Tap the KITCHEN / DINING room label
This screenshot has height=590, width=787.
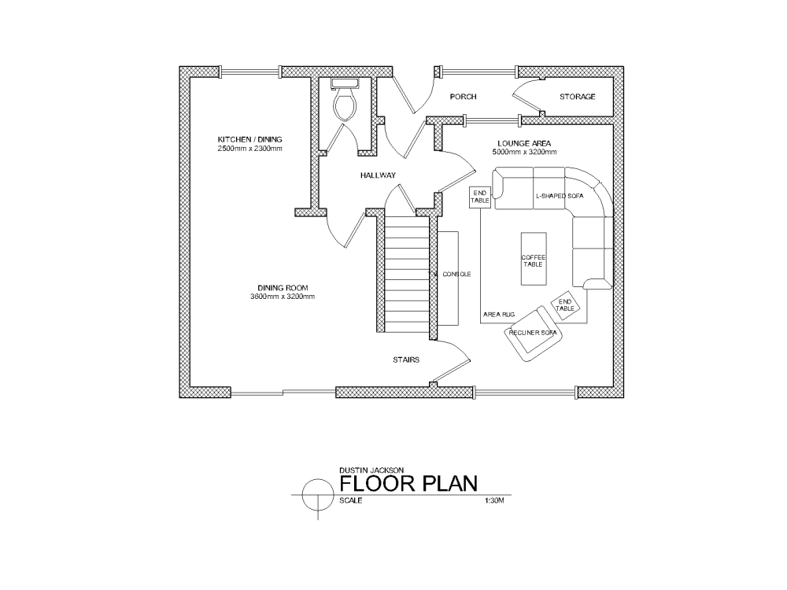pos(249,139)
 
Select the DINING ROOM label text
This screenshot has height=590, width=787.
pos(282,287)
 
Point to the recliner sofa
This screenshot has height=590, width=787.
pos(533,333)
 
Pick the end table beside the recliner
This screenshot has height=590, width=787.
pos(565,305)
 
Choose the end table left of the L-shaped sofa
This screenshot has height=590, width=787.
pos(480,197)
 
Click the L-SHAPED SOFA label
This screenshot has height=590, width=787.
pos(559,194)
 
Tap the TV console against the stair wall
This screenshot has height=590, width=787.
pos(449,277)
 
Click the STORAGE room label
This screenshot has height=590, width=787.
pos(577,97)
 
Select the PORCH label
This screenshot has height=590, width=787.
pos(464,97)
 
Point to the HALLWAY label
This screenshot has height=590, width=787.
pos(378,175)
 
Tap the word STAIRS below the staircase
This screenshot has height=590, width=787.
pos(406,360)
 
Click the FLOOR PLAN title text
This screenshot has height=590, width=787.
pos(408,483)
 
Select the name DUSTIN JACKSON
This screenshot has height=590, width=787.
pos(367,470)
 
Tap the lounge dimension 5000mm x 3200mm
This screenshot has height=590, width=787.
pos(519,152)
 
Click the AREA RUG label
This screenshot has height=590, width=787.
pos(498,315)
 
